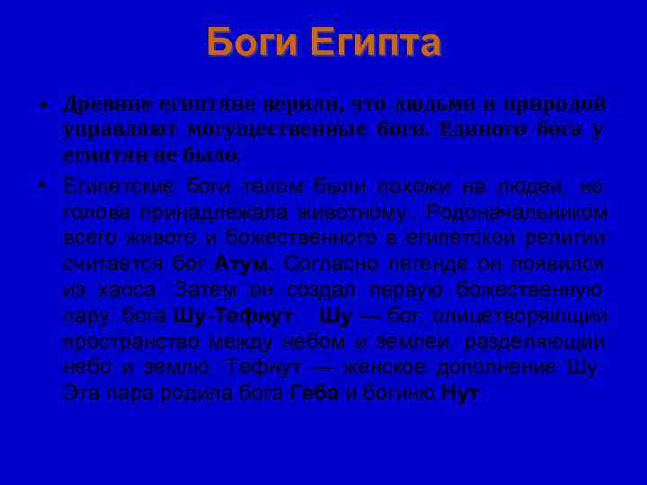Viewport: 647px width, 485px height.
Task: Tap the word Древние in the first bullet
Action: point(105,104)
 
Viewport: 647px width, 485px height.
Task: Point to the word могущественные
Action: point(279,129)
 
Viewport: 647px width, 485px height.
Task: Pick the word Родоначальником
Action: point(518,213)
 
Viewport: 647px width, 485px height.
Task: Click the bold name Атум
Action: point(242,265)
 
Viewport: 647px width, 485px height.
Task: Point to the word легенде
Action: point(404,265)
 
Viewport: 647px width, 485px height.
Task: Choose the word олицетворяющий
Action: point(520,317)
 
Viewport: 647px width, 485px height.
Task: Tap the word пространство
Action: point(132,342)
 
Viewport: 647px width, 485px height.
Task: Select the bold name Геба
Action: point(315,393)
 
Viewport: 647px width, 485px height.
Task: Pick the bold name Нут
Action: point(460,393)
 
